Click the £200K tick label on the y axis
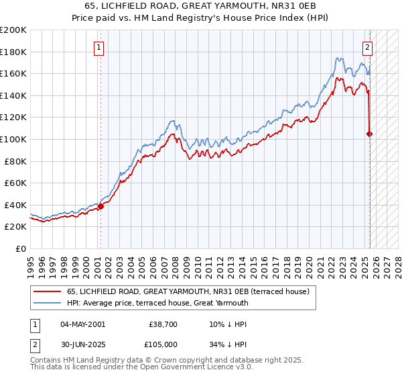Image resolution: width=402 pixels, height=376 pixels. point(13,30)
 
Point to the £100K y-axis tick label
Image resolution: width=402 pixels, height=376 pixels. point(13,140)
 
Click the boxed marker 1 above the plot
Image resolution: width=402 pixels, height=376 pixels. point(98,48)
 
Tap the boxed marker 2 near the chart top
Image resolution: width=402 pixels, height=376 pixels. point(368,48)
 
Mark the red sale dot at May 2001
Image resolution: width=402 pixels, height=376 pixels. point(100,206)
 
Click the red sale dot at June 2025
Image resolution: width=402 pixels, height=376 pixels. point(370,134)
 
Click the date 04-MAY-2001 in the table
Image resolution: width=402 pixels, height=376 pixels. point(82,324)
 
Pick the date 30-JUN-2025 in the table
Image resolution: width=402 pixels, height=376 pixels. point(82,346)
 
